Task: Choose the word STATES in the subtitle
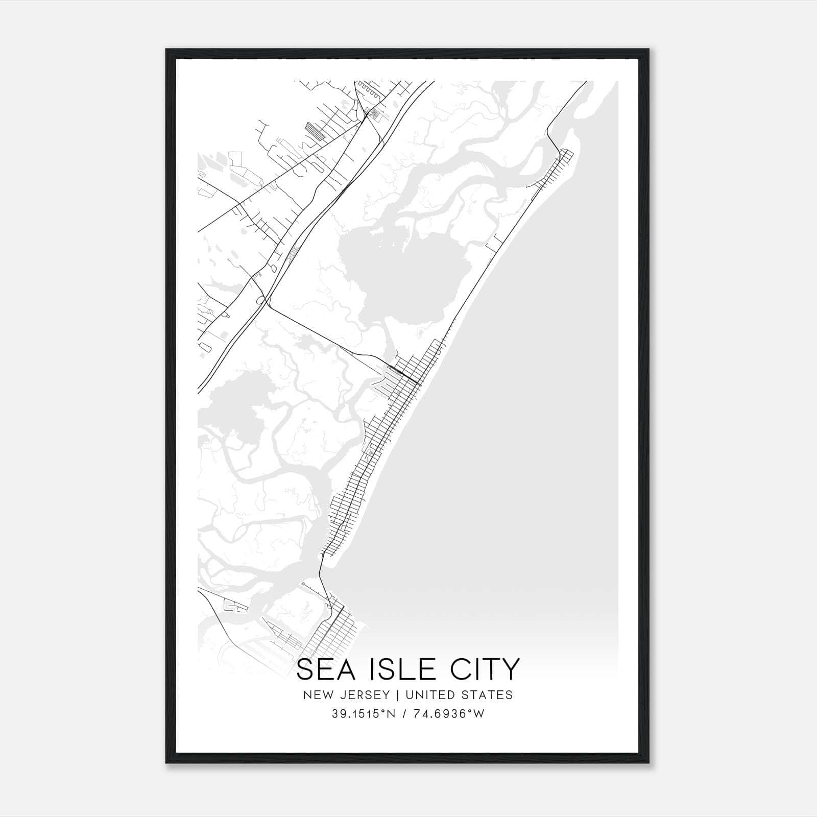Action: tap(487, 695)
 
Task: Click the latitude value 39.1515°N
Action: tap(364, 714)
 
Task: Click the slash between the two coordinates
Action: tap(404, 714)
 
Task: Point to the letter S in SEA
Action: tap(305, 669)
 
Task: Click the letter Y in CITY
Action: tap(511, 669)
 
